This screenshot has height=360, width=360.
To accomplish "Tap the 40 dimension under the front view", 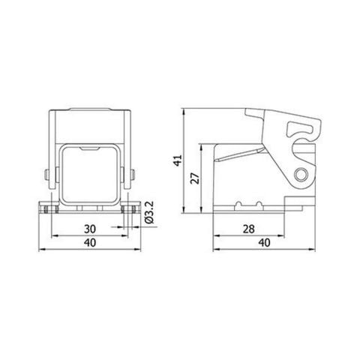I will click(x=89, y=242).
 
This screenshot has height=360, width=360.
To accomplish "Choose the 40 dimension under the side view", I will click(x=263, y=242).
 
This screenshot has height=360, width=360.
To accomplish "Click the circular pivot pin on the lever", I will click(x=302, y=176).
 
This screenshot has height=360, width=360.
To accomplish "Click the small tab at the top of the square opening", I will click(x=89, y=150).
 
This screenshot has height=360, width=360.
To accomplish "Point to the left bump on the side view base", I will click(x=239, y=203).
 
